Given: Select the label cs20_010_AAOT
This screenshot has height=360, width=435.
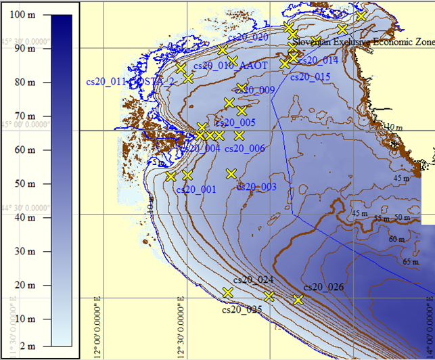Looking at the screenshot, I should (x=231, y=66).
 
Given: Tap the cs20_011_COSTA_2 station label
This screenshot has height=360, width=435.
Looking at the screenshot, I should (x=130, y=82).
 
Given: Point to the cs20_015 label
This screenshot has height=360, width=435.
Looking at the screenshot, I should (x=310, y=76).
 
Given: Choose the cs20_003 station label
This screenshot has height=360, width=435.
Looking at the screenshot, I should (x=256, y=187).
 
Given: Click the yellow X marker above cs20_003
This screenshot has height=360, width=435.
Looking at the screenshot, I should (x=231, y=173).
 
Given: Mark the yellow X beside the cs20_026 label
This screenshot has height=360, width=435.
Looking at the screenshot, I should (x=298, y=299).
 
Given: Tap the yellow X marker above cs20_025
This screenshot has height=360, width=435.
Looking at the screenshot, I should (x=227, y=292).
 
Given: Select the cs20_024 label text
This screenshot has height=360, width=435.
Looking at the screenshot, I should (x=253, y=279).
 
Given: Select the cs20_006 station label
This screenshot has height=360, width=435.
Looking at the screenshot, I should (x=244, y=148).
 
